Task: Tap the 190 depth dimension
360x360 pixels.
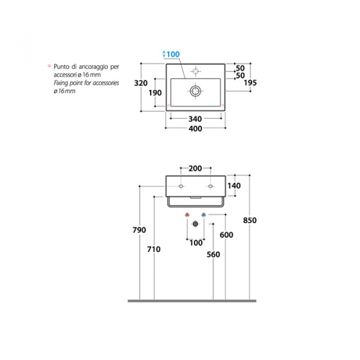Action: tap(155, 92)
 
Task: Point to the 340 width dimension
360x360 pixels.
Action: tap(195, 118)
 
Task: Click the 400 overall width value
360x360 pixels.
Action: tap(195, 128)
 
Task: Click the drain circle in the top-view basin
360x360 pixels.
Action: tap(195, 91)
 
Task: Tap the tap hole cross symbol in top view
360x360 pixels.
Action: tap(194, 71)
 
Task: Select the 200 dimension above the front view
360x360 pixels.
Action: tap(195, 169)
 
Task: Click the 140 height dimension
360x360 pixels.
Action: tap(234, 186)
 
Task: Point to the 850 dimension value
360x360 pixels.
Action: tap(250, 220)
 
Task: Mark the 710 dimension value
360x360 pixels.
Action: tap(154, 250)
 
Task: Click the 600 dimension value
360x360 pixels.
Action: tap(226, 235)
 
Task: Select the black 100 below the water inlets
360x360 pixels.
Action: tap(195, 242)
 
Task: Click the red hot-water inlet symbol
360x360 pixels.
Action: tap(187, 215)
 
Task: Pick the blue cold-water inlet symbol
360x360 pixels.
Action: tap(203, 215)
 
